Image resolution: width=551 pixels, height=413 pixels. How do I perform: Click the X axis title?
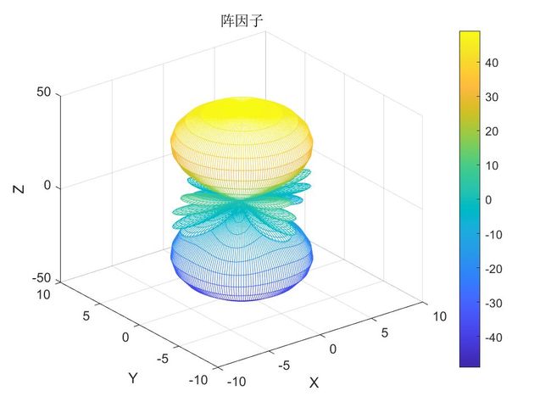(x=314, y=382)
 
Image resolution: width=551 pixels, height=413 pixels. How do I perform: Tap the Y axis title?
(x=133, y=377)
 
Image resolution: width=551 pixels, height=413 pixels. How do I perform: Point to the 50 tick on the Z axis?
(x=44, y=92)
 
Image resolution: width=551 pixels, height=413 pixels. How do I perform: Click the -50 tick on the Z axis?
(x=41, y=279)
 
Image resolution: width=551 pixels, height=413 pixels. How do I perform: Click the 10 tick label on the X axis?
(x=438, y=316)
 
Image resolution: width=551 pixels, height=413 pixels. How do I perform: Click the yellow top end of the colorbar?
(x=470, y=36)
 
